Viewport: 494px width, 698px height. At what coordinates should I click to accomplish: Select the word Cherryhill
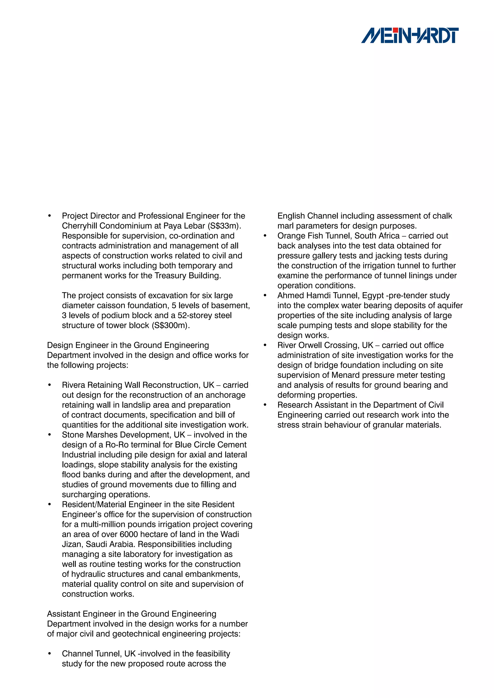(79, 226)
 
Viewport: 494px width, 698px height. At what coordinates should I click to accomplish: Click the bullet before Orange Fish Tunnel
(265, 236)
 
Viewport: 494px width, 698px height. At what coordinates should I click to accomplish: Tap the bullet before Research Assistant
(265, 405)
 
